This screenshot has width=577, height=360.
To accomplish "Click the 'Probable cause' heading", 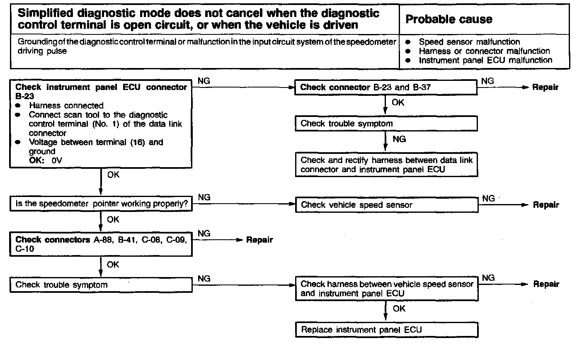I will coord(449,19).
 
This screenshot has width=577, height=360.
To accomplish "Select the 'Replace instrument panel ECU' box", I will coord(386,330).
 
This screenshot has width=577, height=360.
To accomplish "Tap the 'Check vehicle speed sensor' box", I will coord(386,204).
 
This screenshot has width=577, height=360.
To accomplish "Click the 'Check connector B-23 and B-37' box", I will coord(386,88).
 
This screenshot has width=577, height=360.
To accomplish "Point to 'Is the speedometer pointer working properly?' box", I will coord(101,204).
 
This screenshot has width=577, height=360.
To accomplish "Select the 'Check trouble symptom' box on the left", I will coord(101,285).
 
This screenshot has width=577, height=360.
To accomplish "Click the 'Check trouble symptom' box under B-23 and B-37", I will coord(386,123).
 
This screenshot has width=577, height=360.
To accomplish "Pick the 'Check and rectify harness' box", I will coord(386,165).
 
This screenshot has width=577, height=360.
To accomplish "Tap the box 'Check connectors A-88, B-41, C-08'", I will coord(101,244).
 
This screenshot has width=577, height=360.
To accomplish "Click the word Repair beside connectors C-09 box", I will coord(259,240).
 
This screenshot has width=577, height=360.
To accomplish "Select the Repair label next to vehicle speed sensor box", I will coord(546,205).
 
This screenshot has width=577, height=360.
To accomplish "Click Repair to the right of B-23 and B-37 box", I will coord(546,88).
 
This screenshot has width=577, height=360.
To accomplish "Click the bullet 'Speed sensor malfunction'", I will coord(469,42).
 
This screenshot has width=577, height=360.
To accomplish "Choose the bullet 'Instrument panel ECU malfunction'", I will coord(485,60).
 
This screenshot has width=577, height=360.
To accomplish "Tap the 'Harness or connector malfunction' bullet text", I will coord(484,51).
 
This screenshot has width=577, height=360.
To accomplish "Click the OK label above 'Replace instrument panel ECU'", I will coord(399,309).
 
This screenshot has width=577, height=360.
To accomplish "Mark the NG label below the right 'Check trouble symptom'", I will coord(399,139).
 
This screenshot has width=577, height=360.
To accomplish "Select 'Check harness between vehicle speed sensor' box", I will coord(386,289).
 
